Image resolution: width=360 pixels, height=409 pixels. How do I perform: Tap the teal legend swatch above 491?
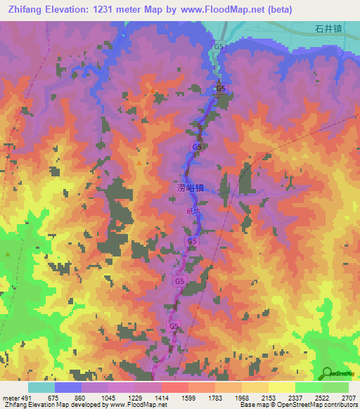pyautogui.click(x=41, y=387)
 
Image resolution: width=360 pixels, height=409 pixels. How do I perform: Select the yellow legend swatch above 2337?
pyautogui.click(x=282, y=387)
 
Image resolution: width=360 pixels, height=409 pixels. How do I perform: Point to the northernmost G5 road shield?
pyautogui.click(x=219, y=46)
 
